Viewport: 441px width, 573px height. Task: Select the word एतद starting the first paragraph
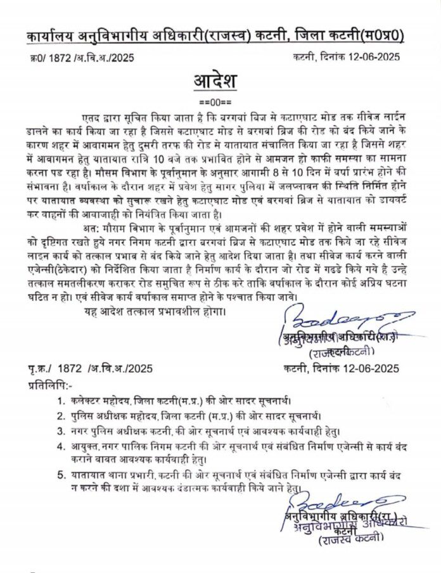pyautogui.click(x=93, y=117)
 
